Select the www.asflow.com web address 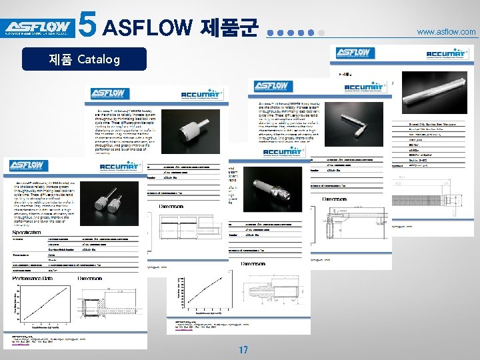click(x=446, y=31)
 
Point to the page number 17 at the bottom click(x=243, y=349)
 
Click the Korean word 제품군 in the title click(x=227, y=28)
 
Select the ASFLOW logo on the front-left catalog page click(x=27, y=166)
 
